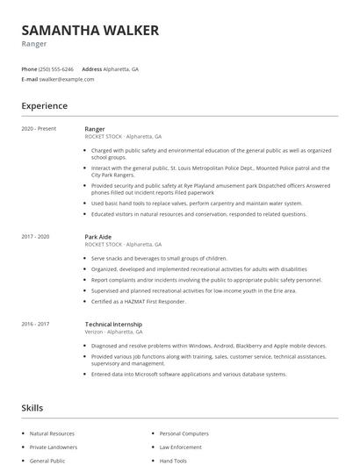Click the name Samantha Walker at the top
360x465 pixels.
point(90,31)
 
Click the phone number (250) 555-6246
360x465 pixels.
point(56,68)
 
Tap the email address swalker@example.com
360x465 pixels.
point(67,79)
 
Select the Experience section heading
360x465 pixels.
point(45,106)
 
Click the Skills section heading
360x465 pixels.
point(32,408)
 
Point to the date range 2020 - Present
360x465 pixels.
point(39,129)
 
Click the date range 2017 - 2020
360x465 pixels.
point(37,237)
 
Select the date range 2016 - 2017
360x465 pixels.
point(37,324)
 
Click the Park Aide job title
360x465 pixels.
point(97,237)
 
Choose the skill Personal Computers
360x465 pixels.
point(184,433)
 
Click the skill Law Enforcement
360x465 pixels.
point(181,447)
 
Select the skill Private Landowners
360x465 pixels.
point(52,447)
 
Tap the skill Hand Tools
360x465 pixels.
point(173,460)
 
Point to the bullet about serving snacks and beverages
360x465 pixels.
point(159,259)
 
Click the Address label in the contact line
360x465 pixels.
point(92,68)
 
